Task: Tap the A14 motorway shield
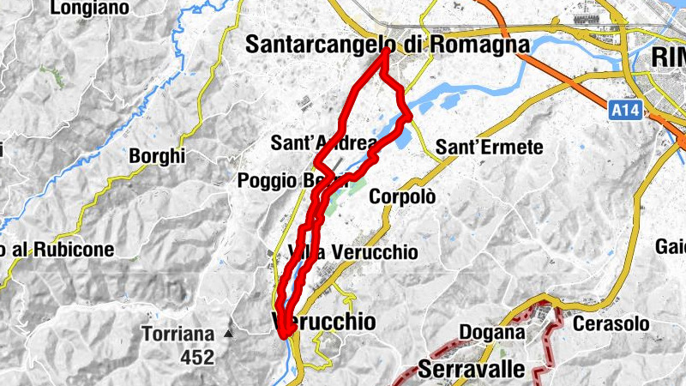pyautogui.click(x=627, y=110)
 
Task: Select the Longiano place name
pyautogui.click(x=89, y=9)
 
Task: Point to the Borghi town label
pyautogui.click(x=157, y=157)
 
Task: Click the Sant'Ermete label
pyautogui.click(x=490, y=148)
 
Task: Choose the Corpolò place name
pyautogui.click(x=402, y=196)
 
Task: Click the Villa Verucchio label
pyautogui.click(x=353, y=252)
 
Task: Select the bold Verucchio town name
pyautogui.click(x=324, y=322)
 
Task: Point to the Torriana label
pyautogui.click(x=178, y=334)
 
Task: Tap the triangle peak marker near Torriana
pyautogui.click(x=228, y=333)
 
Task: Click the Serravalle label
pyautogui.click(x=472, y=370)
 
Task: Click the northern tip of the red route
pyautogui.click(x=387, y=51)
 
